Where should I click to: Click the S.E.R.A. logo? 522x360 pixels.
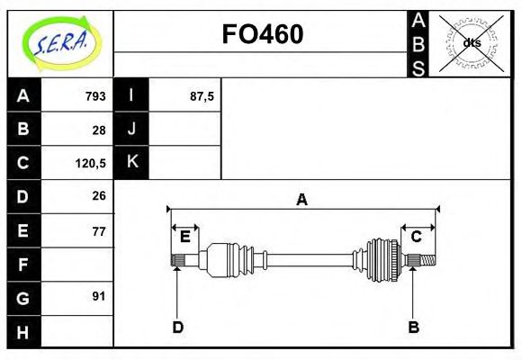tap(59, 42)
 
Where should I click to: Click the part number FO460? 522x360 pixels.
tap(263, 34)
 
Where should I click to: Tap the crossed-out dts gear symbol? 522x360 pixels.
tap(471, 42)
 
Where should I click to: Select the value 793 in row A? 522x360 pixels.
tap(95, 95)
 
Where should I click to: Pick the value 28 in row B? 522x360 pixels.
tap(99, 130)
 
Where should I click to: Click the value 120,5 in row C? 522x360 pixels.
tap(92, 163)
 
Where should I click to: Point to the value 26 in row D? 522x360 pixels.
tap(99, 195)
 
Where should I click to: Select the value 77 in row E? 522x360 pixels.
tap(99, 231)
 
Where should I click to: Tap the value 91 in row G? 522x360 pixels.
tap(99, 295)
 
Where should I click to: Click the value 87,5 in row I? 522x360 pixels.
tap(202, 95)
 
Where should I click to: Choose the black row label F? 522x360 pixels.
tap(23, 265)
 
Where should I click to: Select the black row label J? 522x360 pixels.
tap(131, 130)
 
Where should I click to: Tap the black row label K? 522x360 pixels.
tap(131, 163)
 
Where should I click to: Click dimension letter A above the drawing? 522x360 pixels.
tap(301, 200)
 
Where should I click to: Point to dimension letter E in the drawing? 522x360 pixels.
tap(185, 237)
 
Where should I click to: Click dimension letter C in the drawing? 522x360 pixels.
tap(417, 237)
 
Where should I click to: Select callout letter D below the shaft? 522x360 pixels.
tap(177, 327)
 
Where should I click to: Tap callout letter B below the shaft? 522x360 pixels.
tap(413, 327)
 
